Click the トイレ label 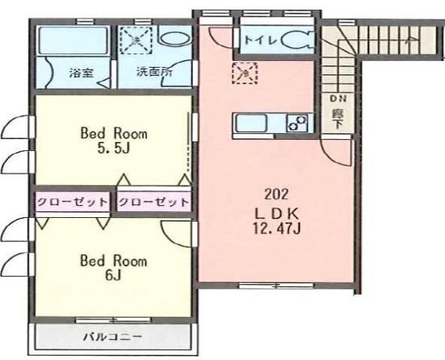[259, 38]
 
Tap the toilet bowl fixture [297, 38]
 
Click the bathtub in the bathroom [72, 38]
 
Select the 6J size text [114, 276]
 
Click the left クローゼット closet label [72, 203]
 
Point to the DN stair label [335, 98]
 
